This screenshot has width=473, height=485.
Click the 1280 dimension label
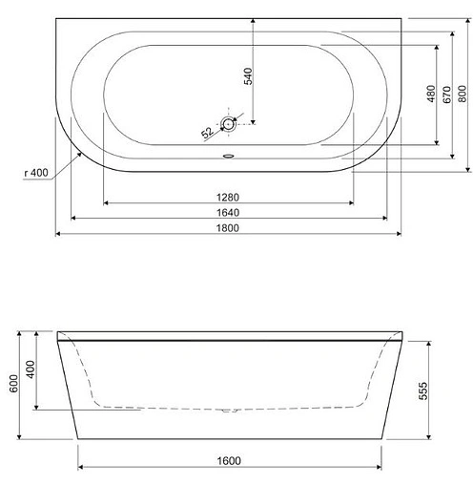227,197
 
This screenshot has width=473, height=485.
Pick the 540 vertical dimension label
249,76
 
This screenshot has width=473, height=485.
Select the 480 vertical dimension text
432,93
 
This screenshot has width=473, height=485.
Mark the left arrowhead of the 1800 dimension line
58,233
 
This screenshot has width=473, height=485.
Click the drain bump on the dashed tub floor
229,411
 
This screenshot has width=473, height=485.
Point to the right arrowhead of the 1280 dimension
352,202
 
